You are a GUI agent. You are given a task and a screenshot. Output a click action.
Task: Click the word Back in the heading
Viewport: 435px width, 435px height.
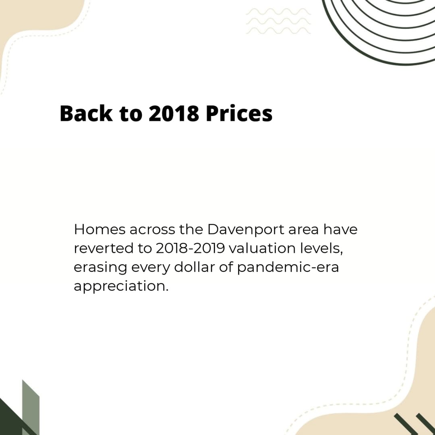86,113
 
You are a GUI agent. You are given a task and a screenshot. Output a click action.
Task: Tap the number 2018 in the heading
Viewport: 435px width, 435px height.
174,113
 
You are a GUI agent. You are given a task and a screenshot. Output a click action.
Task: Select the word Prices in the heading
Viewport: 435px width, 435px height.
239,113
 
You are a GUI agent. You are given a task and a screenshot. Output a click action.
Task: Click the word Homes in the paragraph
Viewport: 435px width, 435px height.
99,230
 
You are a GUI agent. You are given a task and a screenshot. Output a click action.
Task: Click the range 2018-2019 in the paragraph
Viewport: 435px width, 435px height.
190,248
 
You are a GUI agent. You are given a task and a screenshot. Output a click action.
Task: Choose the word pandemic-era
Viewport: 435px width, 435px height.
288,267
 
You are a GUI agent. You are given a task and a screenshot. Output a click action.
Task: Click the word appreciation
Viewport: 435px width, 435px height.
121,286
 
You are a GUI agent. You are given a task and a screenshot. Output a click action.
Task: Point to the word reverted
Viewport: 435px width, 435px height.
104,248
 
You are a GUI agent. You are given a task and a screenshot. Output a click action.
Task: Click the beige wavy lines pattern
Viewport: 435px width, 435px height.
278,21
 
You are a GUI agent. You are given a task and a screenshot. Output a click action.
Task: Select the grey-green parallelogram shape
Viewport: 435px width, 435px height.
31,407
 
